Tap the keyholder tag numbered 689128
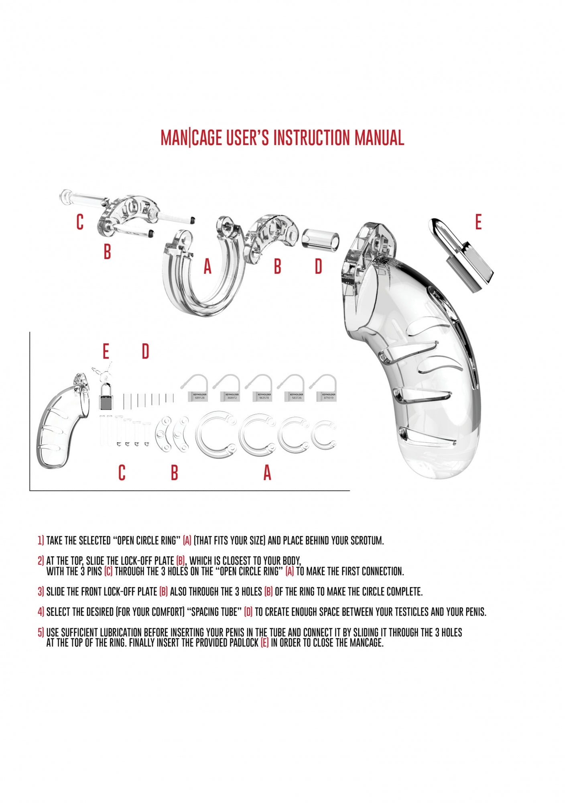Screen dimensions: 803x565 tap(199, 396)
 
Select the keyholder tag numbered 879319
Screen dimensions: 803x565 tap(328, 396)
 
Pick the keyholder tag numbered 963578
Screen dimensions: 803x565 tap(264, 396)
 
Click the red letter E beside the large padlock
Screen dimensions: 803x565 tap(478, 222)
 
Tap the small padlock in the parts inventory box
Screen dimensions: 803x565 tap(106, 396)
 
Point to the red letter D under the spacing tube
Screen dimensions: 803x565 tap(318, 266)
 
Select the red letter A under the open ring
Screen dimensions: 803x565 tap(207, 266)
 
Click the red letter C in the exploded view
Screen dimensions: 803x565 tap(80, 222)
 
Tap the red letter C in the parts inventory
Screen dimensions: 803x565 tap(122, 473)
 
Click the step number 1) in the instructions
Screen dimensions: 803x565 tap(41, 540)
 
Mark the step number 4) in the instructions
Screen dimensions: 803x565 tap(41, 612)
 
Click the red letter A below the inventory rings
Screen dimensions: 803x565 tap(267, 473)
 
